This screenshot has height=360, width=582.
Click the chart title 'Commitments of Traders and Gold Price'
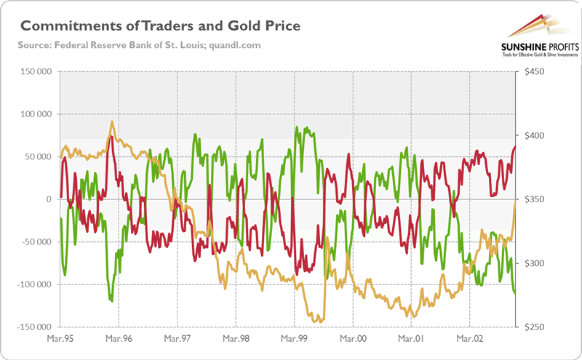[161, 27]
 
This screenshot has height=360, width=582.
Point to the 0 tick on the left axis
[49, 199]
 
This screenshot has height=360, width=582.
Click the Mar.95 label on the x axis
[60, 339]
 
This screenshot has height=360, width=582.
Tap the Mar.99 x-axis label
[294, 339]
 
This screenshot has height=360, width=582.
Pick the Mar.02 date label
[469, 339]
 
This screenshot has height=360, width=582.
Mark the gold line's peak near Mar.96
[111, 121]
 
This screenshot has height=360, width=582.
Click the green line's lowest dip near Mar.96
[111, 300]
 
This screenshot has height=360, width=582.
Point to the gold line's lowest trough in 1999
[315, 321]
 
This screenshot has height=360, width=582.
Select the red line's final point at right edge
[515, 147]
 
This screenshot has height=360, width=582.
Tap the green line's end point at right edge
[515, 294]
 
